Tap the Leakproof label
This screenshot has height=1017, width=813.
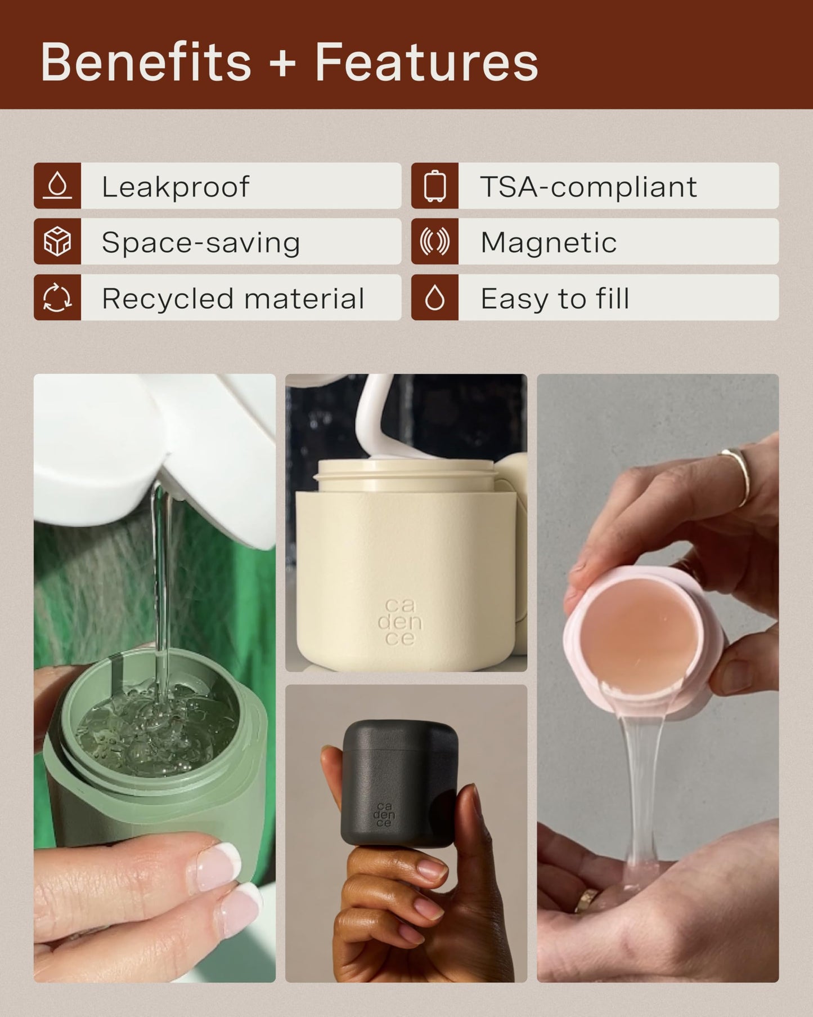tap(175, 186)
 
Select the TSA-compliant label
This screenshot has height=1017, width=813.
tap(589, 186)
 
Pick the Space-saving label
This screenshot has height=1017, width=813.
tap(201, 243)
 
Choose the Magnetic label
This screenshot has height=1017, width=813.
tap(549, 243)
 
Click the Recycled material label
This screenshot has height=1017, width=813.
tap(233, 298)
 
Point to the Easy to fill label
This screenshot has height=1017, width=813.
tap(555, 298)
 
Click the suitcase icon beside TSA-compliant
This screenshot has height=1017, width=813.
tap(435, 186)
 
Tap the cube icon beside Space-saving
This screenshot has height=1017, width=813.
tap(57, 242)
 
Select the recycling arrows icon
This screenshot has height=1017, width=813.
tap(57, 297)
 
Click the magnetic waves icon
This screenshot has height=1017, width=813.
tap(435, 242)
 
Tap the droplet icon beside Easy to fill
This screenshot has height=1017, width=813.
tap(435, 297)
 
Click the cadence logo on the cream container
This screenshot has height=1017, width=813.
tap(399, 622)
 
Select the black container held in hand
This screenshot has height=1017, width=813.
tap(400, 783)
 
